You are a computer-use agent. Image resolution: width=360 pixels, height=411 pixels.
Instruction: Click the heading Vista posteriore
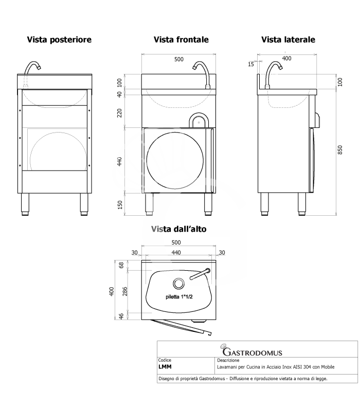(x=59, y=40)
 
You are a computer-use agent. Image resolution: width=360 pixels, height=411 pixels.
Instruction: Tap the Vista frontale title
(x=181, y=40)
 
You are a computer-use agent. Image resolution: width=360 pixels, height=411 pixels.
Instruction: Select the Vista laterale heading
(x=288, y=40)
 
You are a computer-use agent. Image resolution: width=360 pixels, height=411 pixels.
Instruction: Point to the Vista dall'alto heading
(x=178, y=230)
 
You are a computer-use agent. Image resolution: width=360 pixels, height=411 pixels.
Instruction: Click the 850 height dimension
(x=340, y=150)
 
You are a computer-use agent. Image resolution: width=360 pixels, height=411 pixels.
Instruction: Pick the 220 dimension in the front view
(x=120, y=113)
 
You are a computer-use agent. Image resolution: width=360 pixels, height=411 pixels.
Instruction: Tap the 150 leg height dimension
(x=120, y=204)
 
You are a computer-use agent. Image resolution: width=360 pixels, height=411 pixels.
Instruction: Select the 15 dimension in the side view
(x=250, y=64)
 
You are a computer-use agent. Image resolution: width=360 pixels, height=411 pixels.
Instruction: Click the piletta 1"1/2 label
(x=179, y=297)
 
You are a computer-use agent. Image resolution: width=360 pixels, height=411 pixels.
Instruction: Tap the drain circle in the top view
(x=179, y=283)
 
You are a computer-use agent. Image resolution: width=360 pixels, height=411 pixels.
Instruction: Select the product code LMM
(x=165, y=367)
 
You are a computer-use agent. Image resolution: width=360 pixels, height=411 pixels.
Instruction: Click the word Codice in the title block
(x=165, y=361)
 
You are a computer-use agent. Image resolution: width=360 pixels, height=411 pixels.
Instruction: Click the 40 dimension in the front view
(x=120, y=94)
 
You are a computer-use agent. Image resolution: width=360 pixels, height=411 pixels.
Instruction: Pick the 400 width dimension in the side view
(x=286, y=59)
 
